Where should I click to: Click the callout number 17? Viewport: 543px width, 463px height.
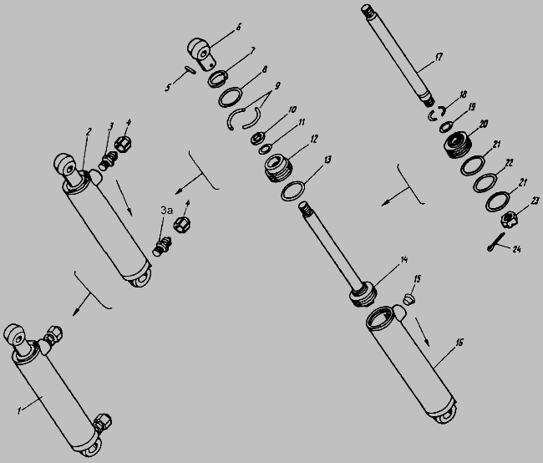pos(439,57)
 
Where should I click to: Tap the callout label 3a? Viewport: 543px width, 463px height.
pos(166,211)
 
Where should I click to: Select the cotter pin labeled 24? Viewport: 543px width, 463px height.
pos(495,242)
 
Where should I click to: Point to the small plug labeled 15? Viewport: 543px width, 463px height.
pos(409,298)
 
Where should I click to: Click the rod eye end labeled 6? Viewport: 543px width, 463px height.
pos(202,53)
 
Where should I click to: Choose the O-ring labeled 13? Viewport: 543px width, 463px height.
pos(293,191)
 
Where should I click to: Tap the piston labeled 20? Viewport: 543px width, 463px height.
pos(456,145)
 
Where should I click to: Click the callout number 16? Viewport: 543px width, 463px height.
pos(459,343)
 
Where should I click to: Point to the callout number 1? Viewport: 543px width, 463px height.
pos(19,410)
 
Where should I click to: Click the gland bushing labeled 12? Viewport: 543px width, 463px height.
pos(278,169)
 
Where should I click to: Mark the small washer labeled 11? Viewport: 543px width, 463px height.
pos(265,150)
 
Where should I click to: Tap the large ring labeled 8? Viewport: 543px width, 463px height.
pos(231,98)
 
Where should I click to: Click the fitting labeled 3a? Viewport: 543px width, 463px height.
pos(162,246)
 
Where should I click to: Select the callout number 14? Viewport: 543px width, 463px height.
pos(404,260)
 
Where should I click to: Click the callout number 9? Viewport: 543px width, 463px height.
pos(277,86)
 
